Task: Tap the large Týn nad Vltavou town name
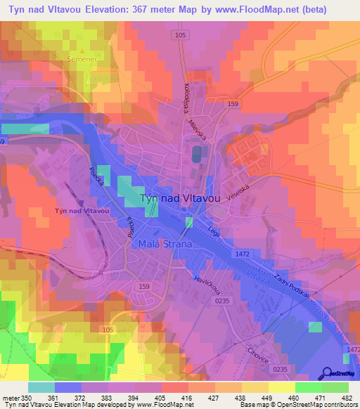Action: pyautogui.click(x=181, y=199)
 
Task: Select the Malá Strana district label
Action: pyautogui.click(x=165, y=244)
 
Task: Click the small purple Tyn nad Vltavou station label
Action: pyautogui.click(x=82, y=211)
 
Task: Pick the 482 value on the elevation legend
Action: pyautogui.click(x=345, y=397)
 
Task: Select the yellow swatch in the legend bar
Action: pyautogui.click(x=281, y=387)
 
